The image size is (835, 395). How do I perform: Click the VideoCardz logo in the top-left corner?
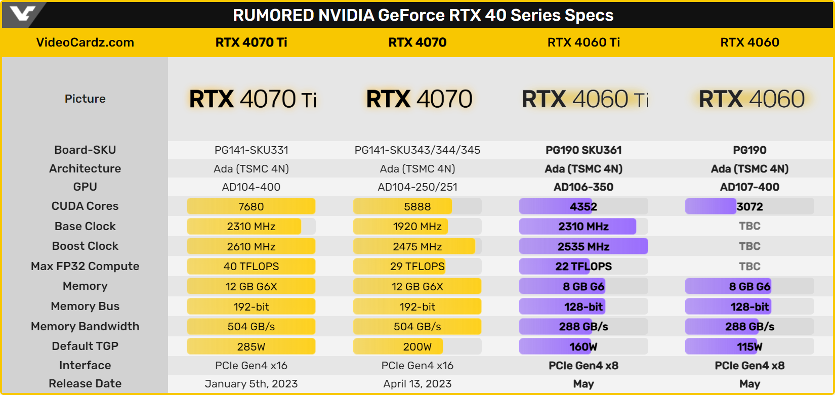23,14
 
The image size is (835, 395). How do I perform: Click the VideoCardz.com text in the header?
85,42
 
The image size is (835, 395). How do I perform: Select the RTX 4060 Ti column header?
583,42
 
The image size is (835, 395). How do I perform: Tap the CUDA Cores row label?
85,206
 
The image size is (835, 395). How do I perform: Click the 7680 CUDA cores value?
251,206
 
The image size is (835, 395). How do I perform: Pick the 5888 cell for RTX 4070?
417,206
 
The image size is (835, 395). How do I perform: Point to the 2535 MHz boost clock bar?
583,246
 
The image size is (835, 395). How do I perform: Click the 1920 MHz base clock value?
417,227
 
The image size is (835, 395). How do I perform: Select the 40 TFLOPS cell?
251,267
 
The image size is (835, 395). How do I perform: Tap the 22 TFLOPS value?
583,267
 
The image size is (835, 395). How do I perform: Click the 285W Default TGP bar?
251,346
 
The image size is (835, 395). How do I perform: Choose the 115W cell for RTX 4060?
749,346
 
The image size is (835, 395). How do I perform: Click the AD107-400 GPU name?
749,187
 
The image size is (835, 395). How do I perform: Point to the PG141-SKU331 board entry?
251,150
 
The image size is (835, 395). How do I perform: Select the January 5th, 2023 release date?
251,384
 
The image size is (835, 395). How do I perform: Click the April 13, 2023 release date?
417,384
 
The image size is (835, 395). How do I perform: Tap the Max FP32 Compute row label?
85,266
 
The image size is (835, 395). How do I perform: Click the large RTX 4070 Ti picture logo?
253,99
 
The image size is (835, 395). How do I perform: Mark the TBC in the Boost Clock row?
749,246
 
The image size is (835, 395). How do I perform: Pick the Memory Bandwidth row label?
85,326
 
